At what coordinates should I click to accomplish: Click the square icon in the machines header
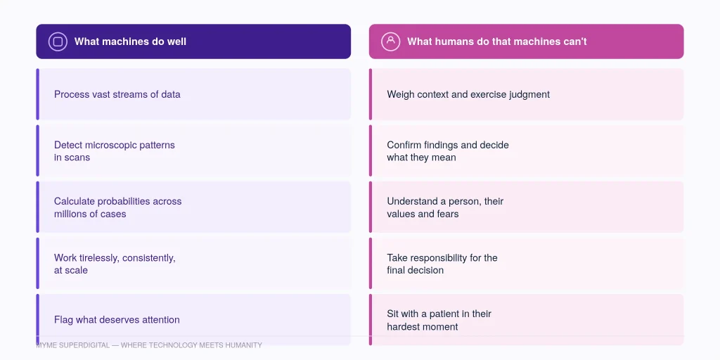[x=58, y=41]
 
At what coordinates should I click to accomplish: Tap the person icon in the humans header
[x=391, y=41]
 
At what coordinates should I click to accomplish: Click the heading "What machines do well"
[x=130, y=41]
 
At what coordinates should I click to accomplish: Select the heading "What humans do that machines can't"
[x=497, y=41]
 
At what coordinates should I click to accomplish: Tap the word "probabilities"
[x=124, y=202]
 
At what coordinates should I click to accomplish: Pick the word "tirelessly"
[x=98, y=258]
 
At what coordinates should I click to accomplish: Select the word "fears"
[x=448, y=214]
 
